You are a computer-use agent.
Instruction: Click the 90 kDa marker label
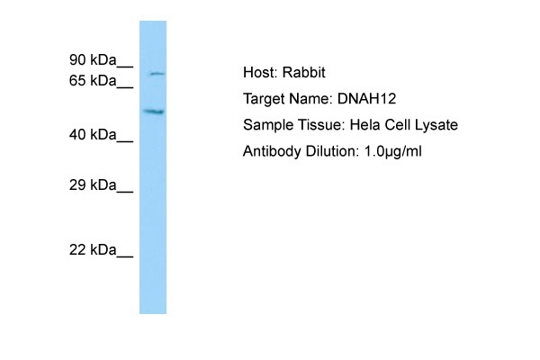point(93,60)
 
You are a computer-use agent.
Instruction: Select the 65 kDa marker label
point(93,81)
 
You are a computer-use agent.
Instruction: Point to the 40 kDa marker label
point(93,134)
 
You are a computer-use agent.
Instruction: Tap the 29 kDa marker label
point(93,185)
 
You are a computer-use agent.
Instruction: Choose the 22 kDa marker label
point(93,249)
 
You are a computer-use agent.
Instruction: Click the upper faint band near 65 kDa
point(157,74)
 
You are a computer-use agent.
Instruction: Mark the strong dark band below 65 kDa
point(154,112)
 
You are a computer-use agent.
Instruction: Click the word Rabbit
point(304,72)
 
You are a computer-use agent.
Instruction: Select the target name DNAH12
point(366,99)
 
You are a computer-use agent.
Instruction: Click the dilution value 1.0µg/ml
point(392,151)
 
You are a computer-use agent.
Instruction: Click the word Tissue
point(321,125)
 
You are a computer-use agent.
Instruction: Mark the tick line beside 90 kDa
point(125,66)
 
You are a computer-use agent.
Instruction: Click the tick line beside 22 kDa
point(125,256)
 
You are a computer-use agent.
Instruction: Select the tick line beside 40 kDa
point(125,141)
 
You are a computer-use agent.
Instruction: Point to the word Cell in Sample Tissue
point(398,125)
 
